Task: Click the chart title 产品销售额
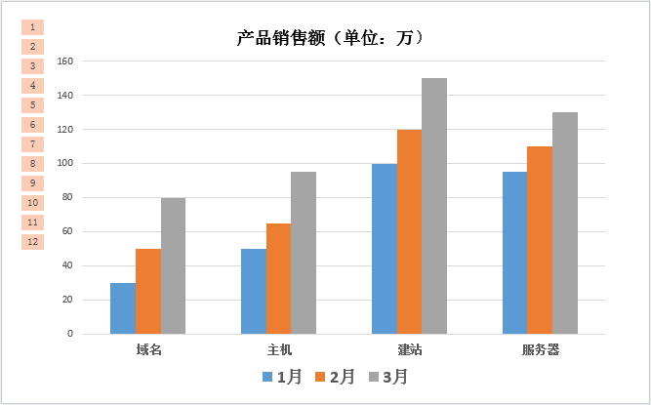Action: tap(330, 38)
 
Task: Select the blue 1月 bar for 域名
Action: tap(123, 307)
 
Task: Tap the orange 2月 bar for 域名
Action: tap(148, 291)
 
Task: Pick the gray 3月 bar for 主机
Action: tap(304, 252)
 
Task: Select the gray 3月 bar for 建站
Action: tap(434, 205)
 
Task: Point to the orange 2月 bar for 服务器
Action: tap(540, 239)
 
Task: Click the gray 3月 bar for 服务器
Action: tap(565, 223)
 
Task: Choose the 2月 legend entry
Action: tap(333, 376)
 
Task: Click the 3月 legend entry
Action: tap(387, 376)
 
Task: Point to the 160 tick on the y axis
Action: tap(64, 61)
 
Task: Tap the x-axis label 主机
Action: tap(279, 349)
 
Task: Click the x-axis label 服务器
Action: tap(540, 349)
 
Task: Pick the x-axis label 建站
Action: tap(410, 349)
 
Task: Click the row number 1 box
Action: tap(33, 27)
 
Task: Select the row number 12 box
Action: tap(33, 242)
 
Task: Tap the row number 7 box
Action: tap(33, 144)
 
